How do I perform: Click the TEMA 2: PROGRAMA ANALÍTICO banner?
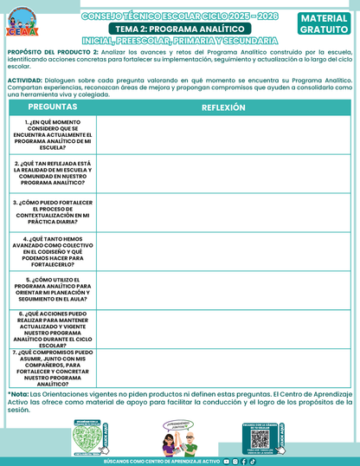click(180, 29)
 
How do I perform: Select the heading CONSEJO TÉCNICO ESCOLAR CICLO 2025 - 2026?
click(180, 16)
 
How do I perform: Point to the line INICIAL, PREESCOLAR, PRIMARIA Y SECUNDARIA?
click(180, 41)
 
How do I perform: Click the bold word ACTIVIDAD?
click(25, 79)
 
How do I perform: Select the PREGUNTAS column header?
click(52, 107)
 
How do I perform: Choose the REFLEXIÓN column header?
click(223, 107)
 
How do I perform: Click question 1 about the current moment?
click(53, 135)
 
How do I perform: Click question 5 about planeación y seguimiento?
click(53, 291)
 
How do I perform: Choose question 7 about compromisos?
click(53, 367)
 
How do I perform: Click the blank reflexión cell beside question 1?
click(223, 135)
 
